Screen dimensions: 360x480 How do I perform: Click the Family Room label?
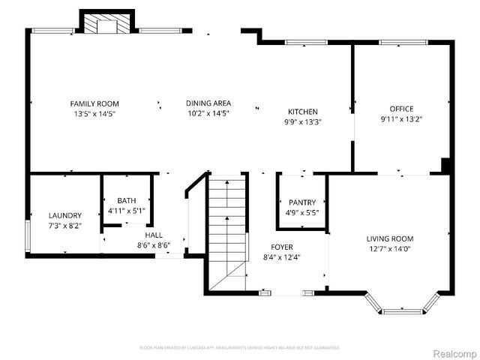[94, 103]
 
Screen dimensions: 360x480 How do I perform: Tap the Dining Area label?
[208, 103]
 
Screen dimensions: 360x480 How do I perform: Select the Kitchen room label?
[302, 112]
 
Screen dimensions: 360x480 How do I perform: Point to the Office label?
[401, 109]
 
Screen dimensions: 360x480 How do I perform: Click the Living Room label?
[390, 239]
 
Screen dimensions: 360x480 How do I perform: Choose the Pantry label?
[302, 202]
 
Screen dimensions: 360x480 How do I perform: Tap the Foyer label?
[282, 247]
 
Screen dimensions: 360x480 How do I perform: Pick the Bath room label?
[127, 200]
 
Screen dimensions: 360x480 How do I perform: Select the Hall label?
[154, 235]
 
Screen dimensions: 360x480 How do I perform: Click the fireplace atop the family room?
[107, 24]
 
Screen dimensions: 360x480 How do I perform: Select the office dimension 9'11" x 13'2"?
[401, 118]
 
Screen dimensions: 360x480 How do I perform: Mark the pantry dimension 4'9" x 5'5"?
[302, 212]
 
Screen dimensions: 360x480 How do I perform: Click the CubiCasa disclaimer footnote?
[240, 348]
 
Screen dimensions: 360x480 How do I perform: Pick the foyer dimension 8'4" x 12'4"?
[282, 257]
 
